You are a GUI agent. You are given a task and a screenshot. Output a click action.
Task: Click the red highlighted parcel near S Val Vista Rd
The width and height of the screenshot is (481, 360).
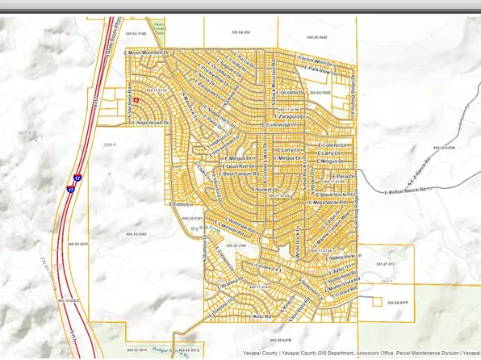[x=136, y=99]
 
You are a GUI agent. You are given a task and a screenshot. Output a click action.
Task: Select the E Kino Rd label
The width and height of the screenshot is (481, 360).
[x=263, y=317]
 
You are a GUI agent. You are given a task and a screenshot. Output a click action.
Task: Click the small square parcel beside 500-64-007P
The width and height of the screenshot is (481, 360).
[x=375, y=303]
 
